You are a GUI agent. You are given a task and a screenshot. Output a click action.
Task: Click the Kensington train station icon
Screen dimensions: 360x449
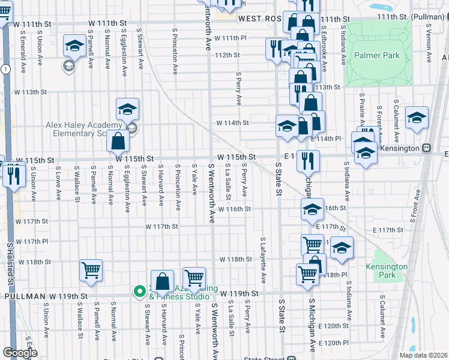point(427,148)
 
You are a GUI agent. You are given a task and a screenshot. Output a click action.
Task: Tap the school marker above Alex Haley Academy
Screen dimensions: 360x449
point(127,109)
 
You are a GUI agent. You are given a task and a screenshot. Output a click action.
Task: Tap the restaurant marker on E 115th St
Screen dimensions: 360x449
point(308,161)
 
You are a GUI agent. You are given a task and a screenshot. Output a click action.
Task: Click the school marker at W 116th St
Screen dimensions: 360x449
point(312,209)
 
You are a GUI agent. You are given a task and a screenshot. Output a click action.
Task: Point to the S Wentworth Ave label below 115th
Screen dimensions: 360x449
point(212,192)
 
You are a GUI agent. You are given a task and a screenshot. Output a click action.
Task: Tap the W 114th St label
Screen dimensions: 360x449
point(233,123)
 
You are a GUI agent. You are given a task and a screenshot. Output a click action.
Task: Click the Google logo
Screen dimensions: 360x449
point(20,352)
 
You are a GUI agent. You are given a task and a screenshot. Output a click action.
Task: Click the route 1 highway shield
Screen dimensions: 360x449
point(5,70)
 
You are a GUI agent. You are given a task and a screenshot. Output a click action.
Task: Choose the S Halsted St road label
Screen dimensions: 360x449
point(10,263)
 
